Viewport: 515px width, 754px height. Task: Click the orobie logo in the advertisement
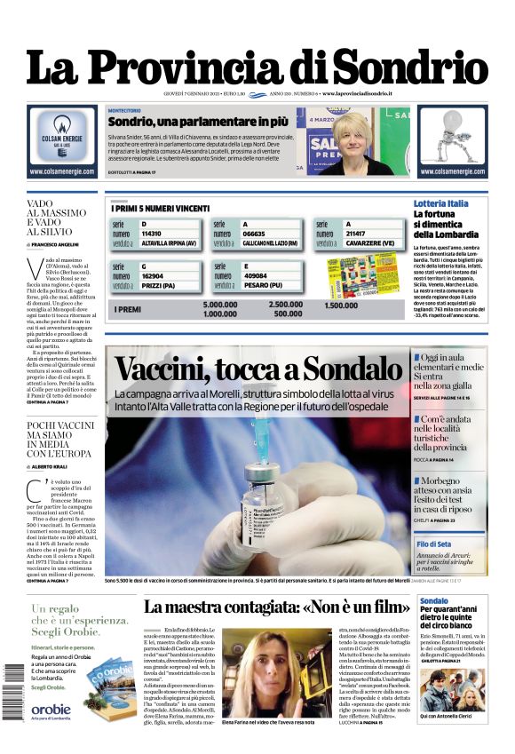pos(51,708)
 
